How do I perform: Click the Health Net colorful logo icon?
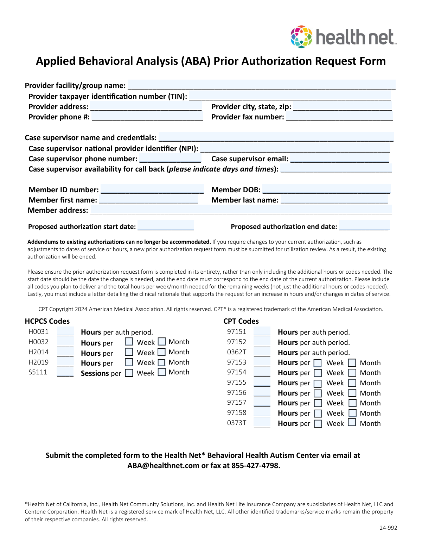pyautogui.click(x=301, y=37)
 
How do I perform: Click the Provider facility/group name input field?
pyautogui.click(x=261, y=85)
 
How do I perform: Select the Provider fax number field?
pyautogui.click(x=339, y=117)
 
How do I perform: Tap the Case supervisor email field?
pyautogui.click(x=340, y=158)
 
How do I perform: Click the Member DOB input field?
pyautogui.click(x=326, y=189)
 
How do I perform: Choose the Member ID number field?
pyautogui.click(x=152, y=189)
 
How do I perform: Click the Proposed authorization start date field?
pyautogui.click(x=166, y=226)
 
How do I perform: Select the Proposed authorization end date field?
pyautogui.click(x=364, y=226)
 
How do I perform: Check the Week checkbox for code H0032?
pyautogui.click(x=129, y=342)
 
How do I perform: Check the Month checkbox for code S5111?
pyautogui.click(x=162, y=372)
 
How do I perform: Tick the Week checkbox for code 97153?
pyautogui.click(x=318, y=363)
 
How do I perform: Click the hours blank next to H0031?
pyautogui.click(x=65, y=332)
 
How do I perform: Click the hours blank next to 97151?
pyautogui.click(x=262, y=332)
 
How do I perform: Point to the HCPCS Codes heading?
pyautogui.click(x=47, y=321)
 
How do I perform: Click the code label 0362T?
pyautogui.click(x=237, y=352)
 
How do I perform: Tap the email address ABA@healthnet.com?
pyautogui.click(x=163, y=466)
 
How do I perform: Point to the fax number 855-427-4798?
pyautogui.click(x=256, y=466)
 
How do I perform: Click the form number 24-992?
pyautogui.click(x=388, y=528)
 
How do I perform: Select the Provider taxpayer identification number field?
pyautogui.click(x=290, y=96)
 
